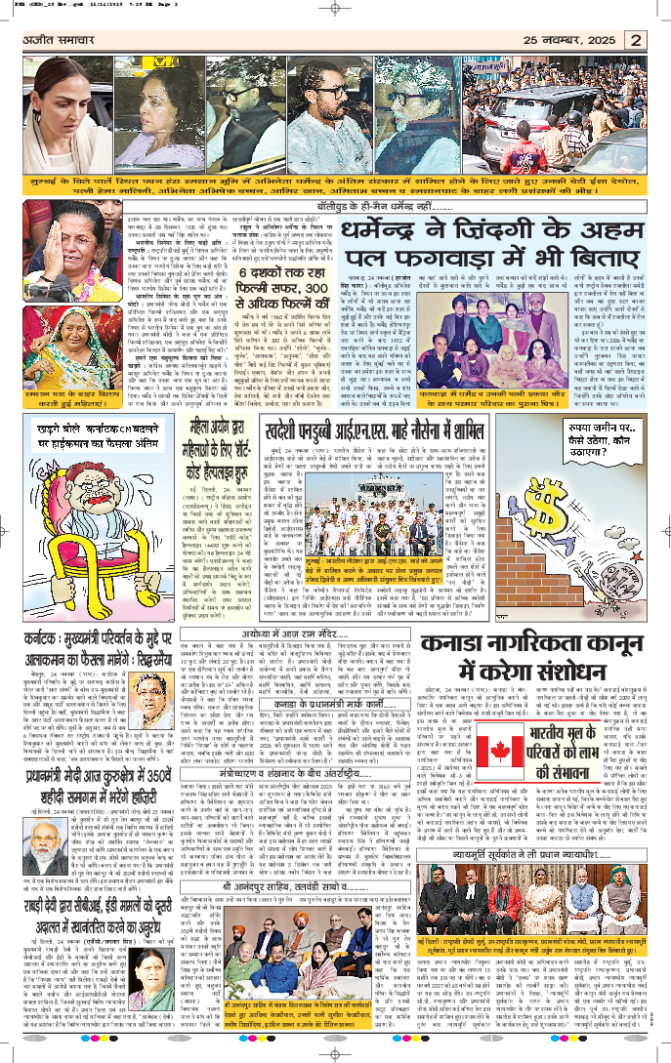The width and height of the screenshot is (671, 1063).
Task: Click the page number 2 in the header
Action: (x=635, y=40)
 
